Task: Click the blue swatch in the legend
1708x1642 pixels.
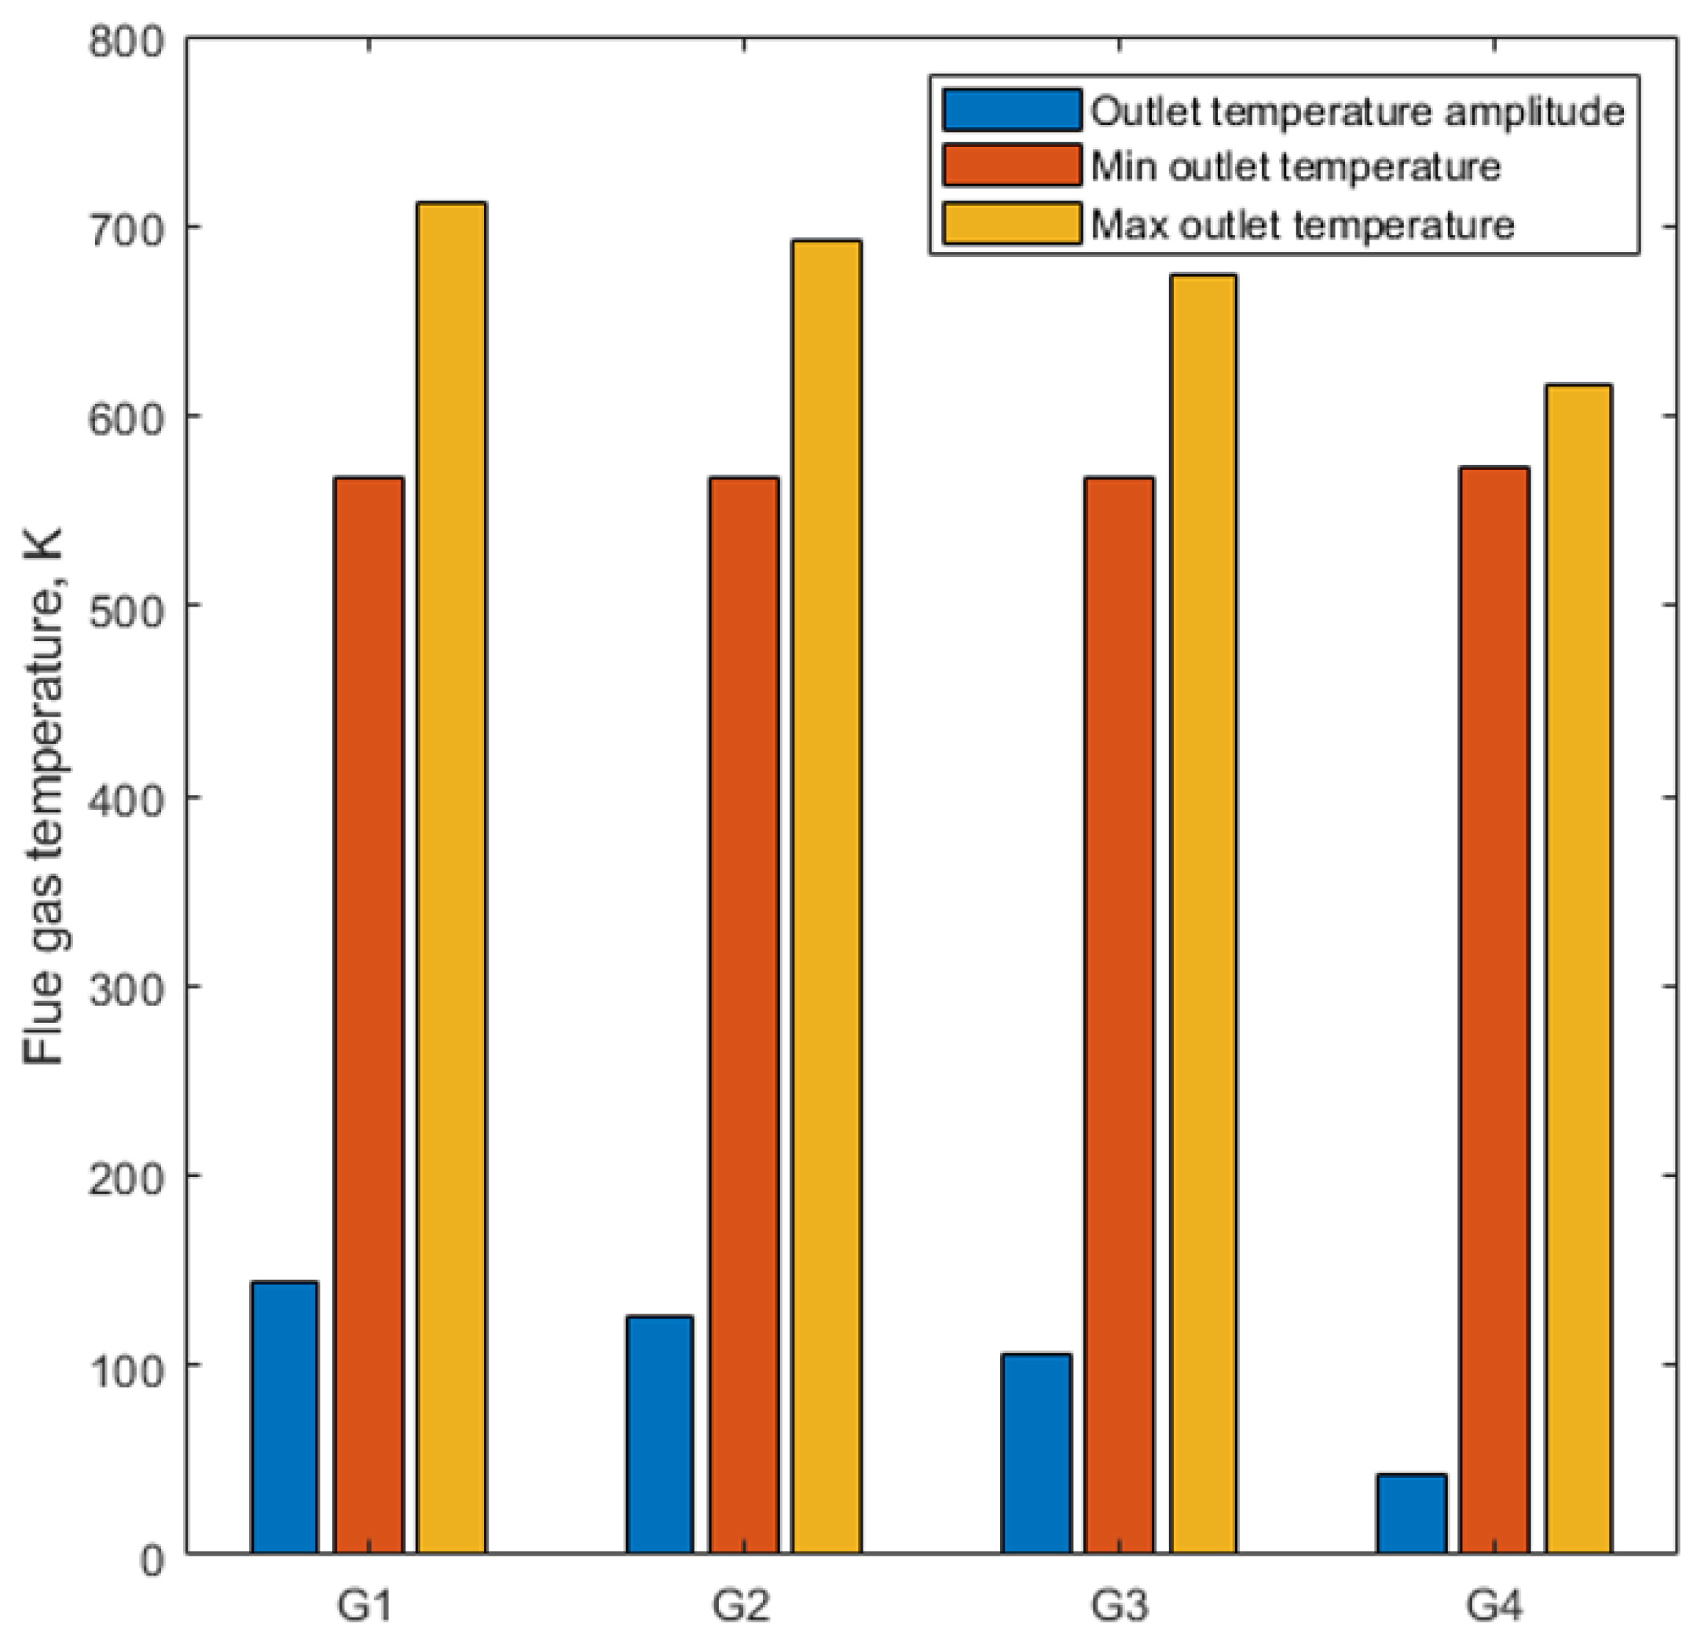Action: click(x=1011, y=111)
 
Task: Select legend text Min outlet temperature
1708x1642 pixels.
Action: click(x=1295, y=167)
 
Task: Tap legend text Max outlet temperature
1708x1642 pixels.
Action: click(x=1302, y=225)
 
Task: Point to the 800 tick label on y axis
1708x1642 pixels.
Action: click(x=127, y=42)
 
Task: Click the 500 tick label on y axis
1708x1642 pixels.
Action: click(x=127, y=611)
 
